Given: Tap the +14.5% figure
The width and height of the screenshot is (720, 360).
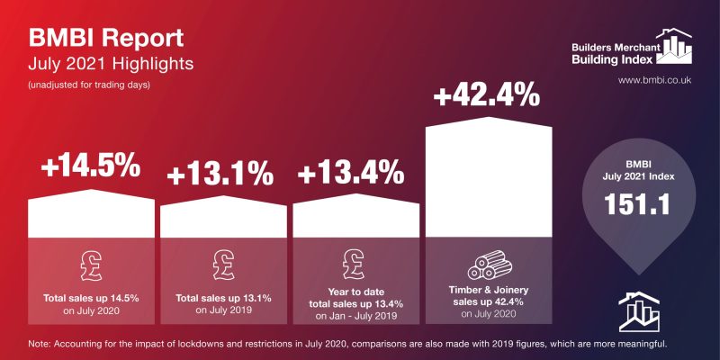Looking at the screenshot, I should pos(92,166).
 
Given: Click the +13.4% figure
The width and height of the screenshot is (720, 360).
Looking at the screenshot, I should pos(356,170).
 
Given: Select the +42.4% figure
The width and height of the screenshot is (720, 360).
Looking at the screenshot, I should pos(487,94).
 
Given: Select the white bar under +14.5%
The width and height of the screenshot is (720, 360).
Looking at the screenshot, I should pos(93,216).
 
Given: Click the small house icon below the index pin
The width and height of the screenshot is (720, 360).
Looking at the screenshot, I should pos(640,310).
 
